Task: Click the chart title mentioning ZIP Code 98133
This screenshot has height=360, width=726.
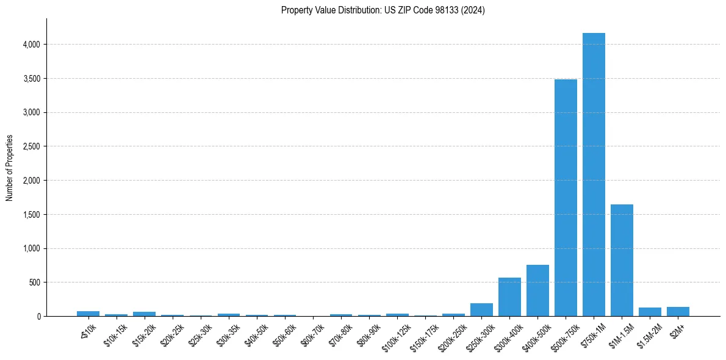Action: click(383, 10)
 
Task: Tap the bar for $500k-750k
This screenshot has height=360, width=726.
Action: click(566, 198)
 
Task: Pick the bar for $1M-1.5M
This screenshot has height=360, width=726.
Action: click(622, 261)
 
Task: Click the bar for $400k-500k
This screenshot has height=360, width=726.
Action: click(537, 290)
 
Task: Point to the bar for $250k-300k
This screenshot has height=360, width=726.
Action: click(481, 310)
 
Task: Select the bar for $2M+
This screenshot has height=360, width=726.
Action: click(678, 312)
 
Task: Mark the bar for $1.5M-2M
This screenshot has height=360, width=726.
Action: click(650, 312)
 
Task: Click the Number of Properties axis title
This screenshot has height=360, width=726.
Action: click(10, 168)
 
